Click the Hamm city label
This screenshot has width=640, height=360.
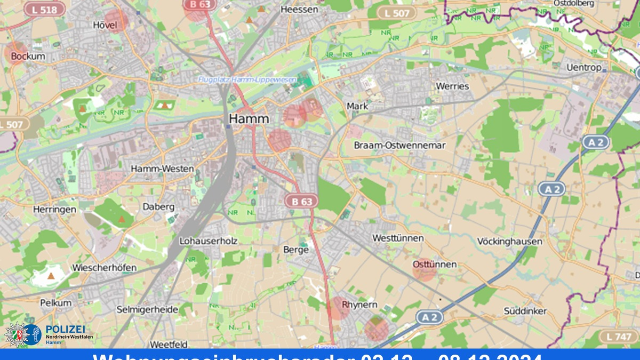[249, 118]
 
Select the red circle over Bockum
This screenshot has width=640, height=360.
[16, 53]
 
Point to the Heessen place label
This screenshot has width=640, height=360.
[299, 9]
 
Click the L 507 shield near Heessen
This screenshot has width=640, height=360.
[396, 12]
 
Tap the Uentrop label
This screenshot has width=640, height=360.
[584, 67]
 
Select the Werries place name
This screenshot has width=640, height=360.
[452, 86]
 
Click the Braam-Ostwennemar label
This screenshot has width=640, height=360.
[399, 145]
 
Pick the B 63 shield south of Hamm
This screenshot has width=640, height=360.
[301, 201]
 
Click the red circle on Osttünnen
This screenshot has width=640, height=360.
[425, 269]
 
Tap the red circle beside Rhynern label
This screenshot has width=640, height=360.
[338, 308]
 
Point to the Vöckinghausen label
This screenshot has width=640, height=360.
[510, 241]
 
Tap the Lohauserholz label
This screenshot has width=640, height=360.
[208, 241]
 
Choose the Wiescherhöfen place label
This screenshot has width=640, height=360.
[105, 267]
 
